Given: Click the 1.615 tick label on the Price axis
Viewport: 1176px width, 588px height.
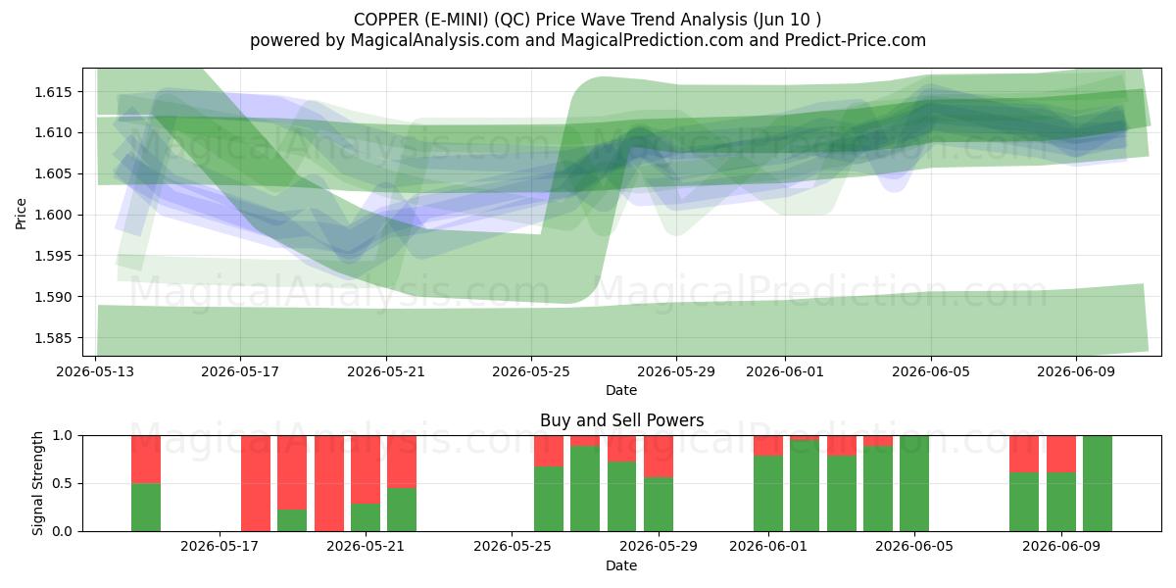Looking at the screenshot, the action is (52, 92).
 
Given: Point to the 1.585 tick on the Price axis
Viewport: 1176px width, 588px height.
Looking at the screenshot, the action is (52, 338).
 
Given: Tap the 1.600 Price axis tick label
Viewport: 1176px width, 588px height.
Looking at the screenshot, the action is (52, 216).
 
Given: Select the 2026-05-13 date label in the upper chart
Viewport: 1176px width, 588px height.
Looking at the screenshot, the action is (95, 371).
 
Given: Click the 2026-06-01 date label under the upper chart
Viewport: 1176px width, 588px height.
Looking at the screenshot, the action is (785, 371).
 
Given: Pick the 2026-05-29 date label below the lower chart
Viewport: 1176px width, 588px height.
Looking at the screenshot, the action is (659, 547).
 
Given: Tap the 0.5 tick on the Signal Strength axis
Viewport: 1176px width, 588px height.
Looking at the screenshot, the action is (63, 483).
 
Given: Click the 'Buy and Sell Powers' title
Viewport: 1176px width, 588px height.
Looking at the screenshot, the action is (621, 420).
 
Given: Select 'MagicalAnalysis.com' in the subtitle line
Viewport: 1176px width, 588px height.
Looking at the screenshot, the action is (435, 40).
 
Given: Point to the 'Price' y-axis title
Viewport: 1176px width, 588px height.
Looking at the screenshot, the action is (21, 215).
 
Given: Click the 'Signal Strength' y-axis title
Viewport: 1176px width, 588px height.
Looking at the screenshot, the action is (37, 483).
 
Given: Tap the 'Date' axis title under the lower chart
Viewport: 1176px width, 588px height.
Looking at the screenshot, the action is (621, 565).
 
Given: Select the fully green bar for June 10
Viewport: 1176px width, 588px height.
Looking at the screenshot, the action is (1098, 483).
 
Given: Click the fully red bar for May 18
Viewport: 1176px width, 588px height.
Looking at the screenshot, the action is (256, 483).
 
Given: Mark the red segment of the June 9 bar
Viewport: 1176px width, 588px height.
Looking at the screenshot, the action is (1061, 454).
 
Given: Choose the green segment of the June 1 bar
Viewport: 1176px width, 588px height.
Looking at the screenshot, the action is (768, 494).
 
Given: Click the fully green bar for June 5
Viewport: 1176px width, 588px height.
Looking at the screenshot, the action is (914, 483).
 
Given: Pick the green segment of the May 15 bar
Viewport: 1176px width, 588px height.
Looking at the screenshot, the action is (146, 508).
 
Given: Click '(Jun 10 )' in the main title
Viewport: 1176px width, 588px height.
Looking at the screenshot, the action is (787, 20).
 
